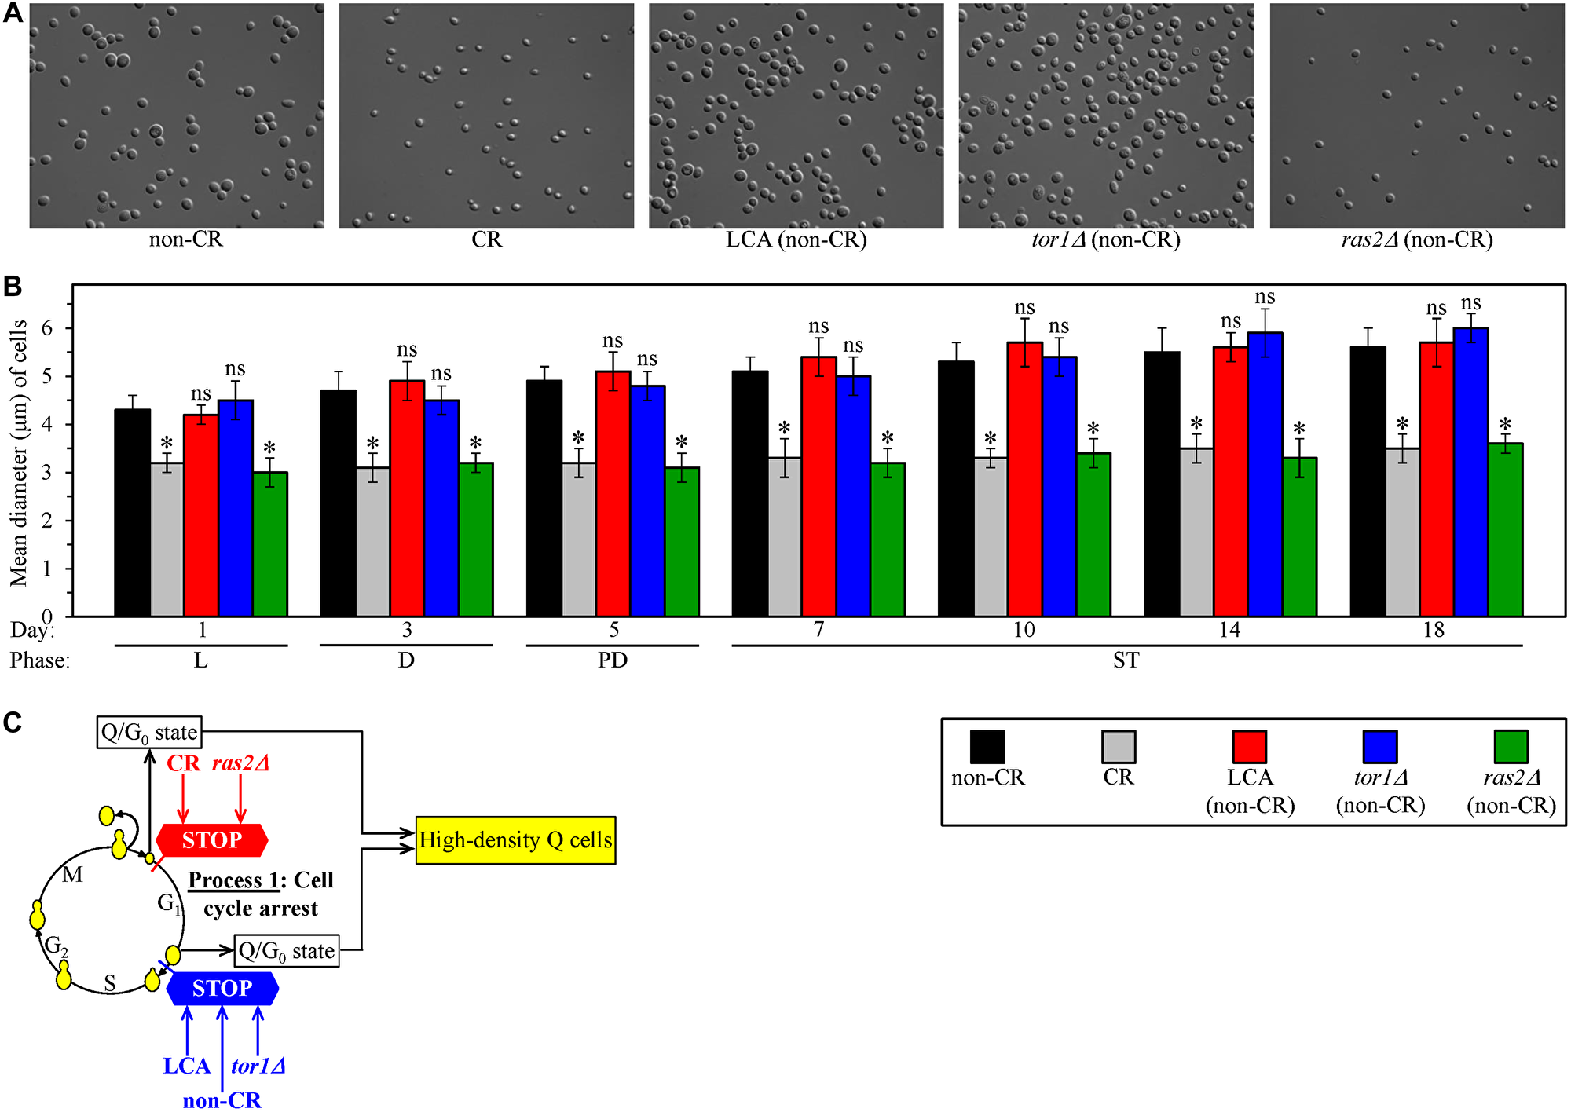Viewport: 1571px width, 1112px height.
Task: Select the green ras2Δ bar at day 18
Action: pyautogui.click(x=1505, y=530)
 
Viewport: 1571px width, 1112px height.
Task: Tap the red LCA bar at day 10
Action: pyautogui.click(x=1024, y=479)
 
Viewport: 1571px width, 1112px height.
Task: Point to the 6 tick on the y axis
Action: pyautogui.click(x=47, y=328)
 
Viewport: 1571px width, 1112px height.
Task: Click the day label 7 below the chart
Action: pyautogui.click(x=818, y=630)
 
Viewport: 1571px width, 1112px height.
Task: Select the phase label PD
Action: pyautogui.click(x=612, y=660)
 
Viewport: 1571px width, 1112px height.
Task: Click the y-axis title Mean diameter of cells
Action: pyautogui.click(x=19, y=453)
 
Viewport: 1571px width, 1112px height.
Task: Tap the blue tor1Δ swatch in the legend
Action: pyautogui.click(x=1379, y=747)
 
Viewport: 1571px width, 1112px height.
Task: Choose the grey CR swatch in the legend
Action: pyautogui.click(x=1118, y=747)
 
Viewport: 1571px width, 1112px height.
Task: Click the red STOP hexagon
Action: pyautogui.click(x=212, y=840)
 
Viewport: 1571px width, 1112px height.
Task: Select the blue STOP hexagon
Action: pyautogui.click(x=222, y=988)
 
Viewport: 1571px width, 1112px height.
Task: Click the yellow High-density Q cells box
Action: pyautogui.click(x=515, y=840)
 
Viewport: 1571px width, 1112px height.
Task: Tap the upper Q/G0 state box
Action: pyautogui.click(x=149, y=733)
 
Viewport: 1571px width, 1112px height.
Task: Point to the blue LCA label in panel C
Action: pyautogui.click(x=186, y=1066)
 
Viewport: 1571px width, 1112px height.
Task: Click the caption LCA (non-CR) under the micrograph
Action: pyautogui.click(x=796, y=240)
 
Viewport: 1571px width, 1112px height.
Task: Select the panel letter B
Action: pyautogui.click(x=13, y=287)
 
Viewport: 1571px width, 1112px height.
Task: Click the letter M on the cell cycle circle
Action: pyautogui.click(x=72, y=875)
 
